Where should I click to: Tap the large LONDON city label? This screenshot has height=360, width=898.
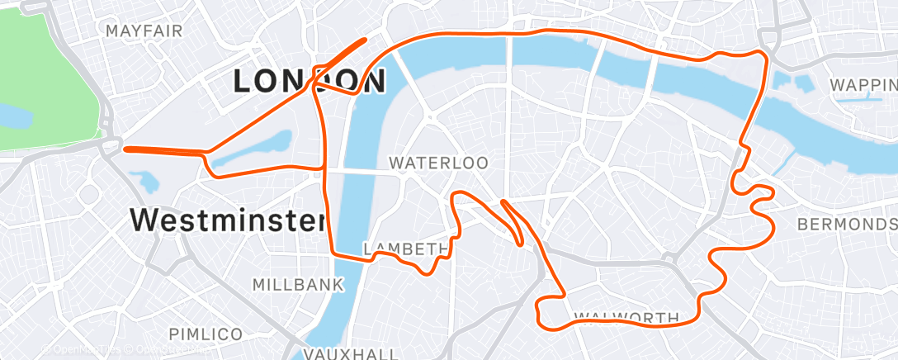point(310,82)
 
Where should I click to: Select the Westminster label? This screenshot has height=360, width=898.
point(227,220)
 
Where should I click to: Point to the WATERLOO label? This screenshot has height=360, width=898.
point(438,163)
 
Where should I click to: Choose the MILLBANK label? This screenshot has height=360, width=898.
point(297,285)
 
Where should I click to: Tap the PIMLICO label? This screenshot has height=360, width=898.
point(206,334)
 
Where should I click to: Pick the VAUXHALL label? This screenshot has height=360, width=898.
point(339,353)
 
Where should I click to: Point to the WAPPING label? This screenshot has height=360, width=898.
point(863,85)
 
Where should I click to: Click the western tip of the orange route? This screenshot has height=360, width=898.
point(125,149)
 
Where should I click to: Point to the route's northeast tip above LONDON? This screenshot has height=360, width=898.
point(364,39)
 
